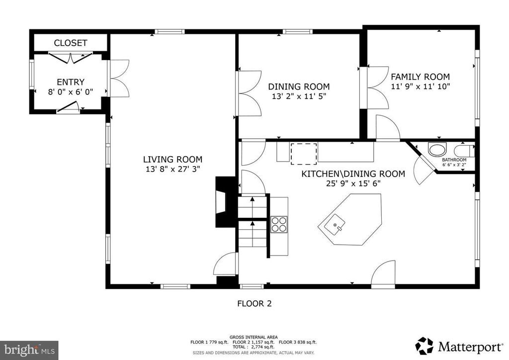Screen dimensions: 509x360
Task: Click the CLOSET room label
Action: [71, 43]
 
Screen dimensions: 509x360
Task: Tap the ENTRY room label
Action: [71, 82]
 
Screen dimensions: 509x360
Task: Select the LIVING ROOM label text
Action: [172, 160]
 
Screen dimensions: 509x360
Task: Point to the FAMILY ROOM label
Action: [421, 77]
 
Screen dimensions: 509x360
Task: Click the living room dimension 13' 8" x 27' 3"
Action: [172, 169]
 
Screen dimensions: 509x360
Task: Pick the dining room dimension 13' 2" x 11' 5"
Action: [299, 96]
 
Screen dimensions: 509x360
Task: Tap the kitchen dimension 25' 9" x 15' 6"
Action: [353, 183]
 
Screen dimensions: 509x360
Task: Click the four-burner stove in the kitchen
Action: [279, 224]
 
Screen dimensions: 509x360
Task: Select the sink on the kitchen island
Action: [335, 224]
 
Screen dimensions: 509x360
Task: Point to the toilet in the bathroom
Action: [464, 151]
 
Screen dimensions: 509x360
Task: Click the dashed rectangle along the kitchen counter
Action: [304, 154]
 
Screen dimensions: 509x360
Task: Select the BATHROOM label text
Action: [454, 160]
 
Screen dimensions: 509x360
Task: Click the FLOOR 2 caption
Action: [254, 303]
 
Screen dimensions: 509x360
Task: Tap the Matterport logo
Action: [459, 346]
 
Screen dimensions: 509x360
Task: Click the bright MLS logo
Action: [29, 350]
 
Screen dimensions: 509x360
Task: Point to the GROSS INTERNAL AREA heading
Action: [254, 337]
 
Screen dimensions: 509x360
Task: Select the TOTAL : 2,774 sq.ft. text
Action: [254, 347]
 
